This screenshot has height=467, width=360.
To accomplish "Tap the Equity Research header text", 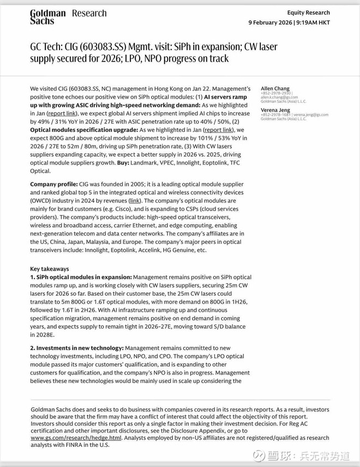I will pyautogui.click(x=309, y=13).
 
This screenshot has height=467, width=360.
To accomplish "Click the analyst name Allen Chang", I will pyautogui.click(x=275, y=88).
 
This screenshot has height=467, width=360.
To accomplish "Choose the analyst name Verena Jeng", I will pyautogui.click(x=275, y=110).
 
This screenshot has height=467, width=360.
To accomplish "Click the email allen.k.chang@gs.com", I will pyautogui.click(x=279, y=97).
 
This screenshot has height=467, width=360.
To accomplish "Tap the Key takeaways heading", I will pyautogui.click(x=50, y=269).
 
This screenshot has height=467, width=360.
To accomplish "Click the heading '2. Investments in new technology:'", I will pyautogui.click(x=77, y=348).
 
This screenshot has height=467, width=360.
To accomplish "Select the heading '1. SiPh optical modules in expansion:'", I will pyautogui.click(x=81, y=277).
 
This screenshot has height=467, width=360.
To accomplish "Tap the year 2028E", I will pyautogui.click(x=43, y=334).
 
